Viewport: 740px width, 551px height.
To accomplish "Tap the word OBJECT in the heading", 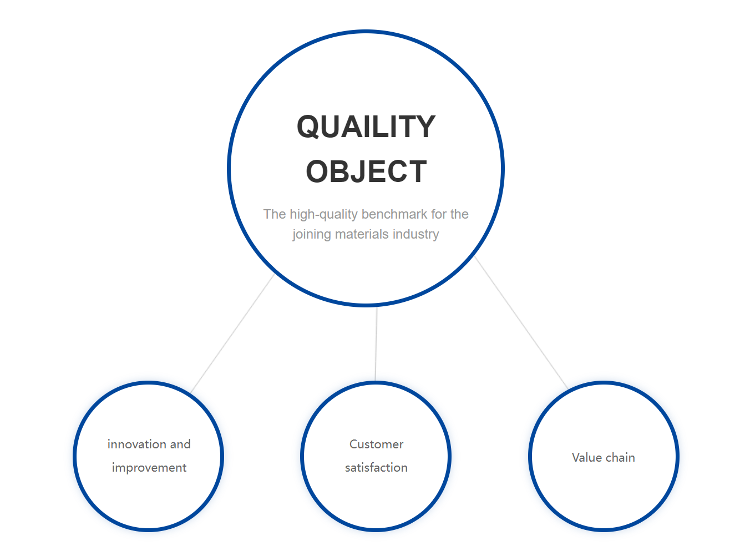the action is pos(366,171).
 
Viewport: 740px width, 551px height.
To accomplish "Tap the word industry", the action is pos(415,234).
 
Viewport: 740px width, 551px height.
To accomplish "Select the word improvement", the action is pos(149,468).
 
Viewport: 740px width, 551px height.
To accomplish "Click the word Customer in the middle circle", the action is pos(376,444).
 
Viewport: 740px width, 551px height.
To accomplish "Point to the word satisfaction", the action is pos(376,468).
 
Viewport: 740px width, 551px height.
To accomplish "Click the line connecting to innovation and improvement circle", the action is pos(232,333).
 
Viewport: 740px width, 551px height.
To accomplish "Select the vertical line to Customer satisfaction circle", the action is pos(376,343).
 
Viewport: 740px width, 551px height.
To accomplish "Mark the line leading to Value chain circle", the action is pos(521,322).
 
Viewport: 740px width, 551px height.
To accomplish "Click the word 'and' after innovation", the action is pos(180,444).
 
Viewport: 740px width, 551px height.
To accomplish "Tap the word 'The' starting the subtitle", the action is pos(275,214).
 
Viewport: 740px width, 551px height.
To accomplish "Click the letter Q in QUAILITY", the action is pos(307,127).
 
